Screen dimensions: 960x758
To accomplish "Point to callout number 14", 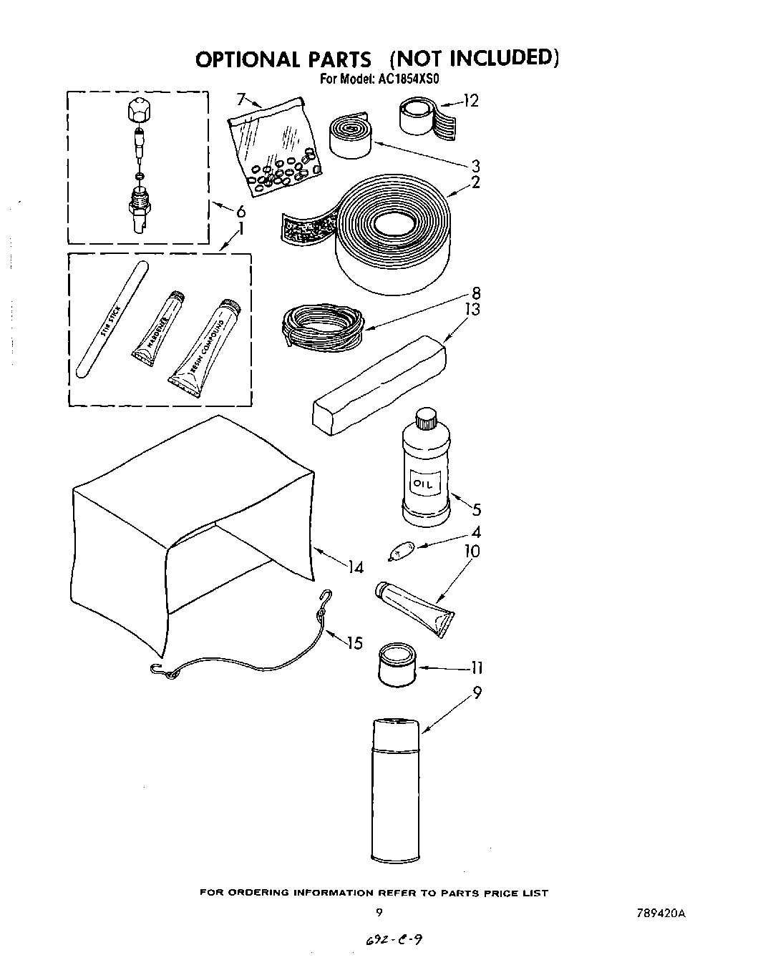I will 356,567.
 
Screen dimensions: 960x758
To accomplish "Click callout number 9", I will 477,692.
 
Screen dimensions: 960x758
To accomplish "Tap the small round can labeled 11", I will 396,665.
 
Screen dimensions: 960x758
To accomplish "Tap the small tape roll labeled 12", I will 419,116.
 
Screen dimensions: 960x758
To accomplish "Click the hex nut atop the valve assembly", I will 138,111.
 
